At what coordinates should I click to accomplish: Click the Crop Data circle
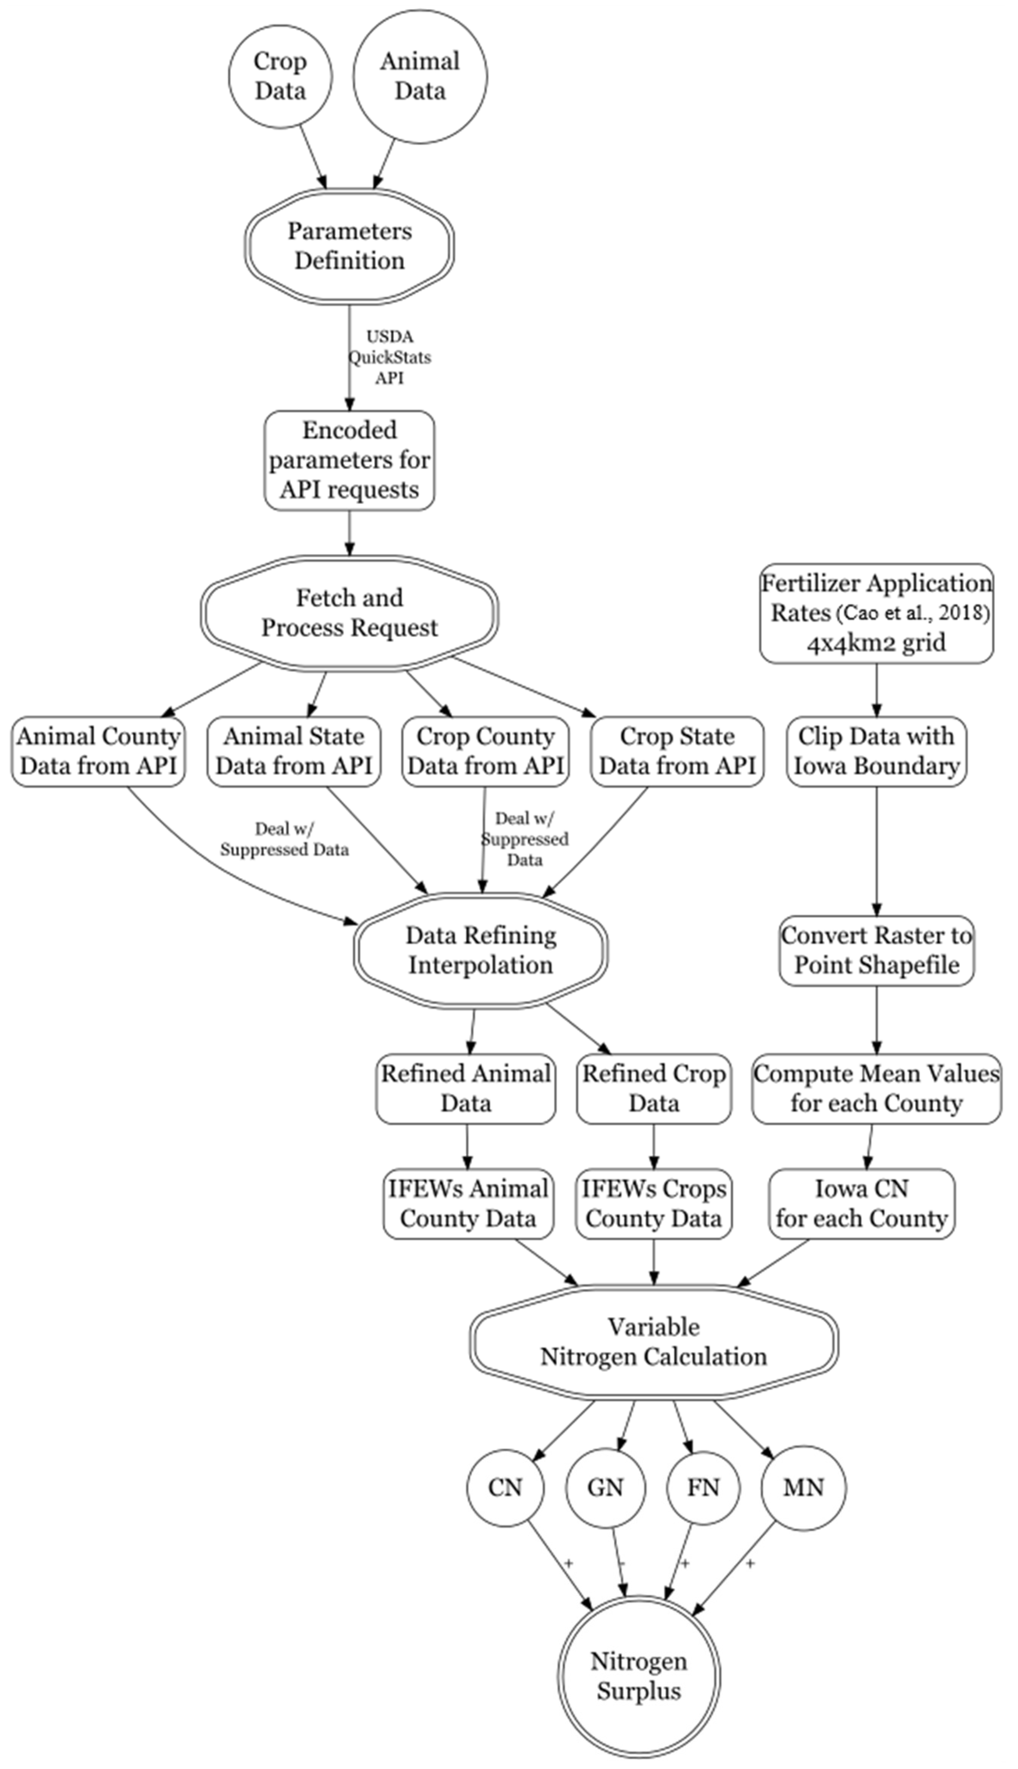280,76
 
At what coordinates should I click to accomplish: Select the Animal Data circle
419,76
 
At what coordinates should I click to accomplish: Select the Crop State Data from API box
677,751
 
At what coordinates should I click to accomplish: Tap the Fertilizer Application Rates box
876,613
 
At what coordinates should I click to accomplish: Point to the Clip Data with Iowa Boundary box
876,751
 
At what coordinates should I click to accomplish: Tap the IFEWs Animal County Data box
468,1204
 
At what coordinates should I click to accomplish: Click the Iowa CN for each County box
861,1204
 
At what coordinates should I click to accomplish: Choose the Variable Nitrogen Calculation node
654,1342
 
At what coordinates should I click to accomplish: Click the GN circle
605,1487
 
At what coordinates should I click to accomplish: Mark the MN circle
803,1487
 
